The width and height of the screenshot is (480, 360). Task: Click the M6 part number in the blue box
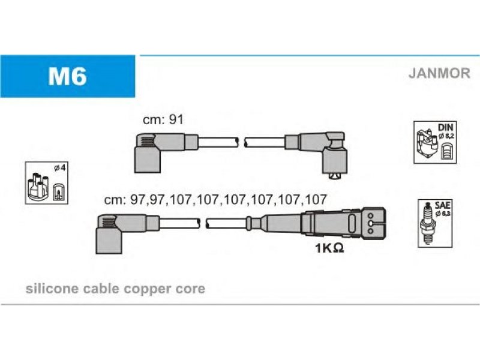(67, 76)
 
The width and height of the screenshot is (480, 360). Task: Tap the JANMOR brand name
(439, 73)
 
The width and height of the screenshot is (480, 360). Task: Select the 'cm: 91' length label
(163, 119)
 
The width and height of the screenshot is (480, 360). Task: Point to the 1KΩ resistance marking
(329, 248)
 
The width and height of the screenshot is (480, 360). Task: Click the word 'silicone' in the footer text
(52, 289)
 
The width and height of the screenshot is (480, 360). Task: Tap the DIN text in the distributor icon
(445, 127)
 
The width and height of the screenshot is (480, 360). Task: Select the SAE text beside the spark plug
(442, 205)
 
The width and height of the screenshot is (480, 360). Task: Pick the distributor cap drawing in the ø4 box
(38, 187)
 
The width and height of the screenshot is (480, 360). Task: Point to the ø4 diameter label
(60, 168)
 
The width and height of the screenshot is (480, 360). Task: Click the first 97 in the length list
(139, 200)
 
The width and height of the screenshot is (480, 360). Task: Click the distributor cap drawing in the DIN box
(427, 143)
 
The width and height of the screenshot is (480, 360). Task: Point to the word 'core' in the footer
(192, 289)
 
